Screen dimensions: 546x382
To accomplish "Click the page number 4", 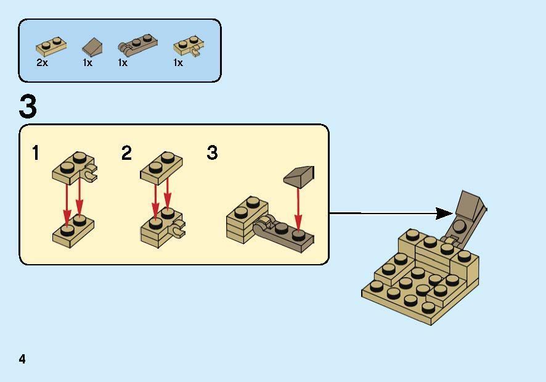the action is [x=22, y=359].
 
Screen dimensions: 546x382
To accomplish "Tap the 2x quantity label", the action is [x=42, y=63].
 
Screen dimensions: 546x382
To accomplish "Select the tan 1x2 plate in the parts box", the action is [x=51, y=47].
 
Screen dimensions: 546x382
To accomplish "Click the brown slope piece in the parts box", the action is [x=92, y=47].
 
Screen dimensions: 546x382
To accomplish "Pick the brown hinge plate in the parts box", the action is [x=137, y=45].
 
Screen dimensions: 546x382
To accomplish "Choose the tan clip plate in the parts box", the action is [x=189, y=46].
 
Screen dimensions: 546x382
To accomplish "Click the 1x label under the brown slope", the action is [x=88, y=63].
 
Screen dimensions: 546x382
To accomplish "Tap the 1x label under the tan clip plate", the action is [x=178, y=63].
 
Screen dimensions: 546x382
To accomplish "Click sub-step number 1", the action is [x=36, y=153].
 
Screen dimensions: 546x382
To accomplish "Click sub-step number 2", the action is [x=127, y=153].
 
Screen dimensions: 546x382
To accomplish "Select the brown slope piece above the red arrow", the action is [x=299, y=176].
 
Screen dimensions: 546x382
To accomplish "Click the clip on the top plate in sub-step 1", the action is [x=91, y=173].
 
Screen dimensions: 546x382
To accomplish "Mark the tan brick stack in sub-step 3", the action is [x=247, y=220].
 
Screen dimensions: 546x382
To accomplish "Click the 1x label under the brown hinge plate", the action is [x=123, y=63].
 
